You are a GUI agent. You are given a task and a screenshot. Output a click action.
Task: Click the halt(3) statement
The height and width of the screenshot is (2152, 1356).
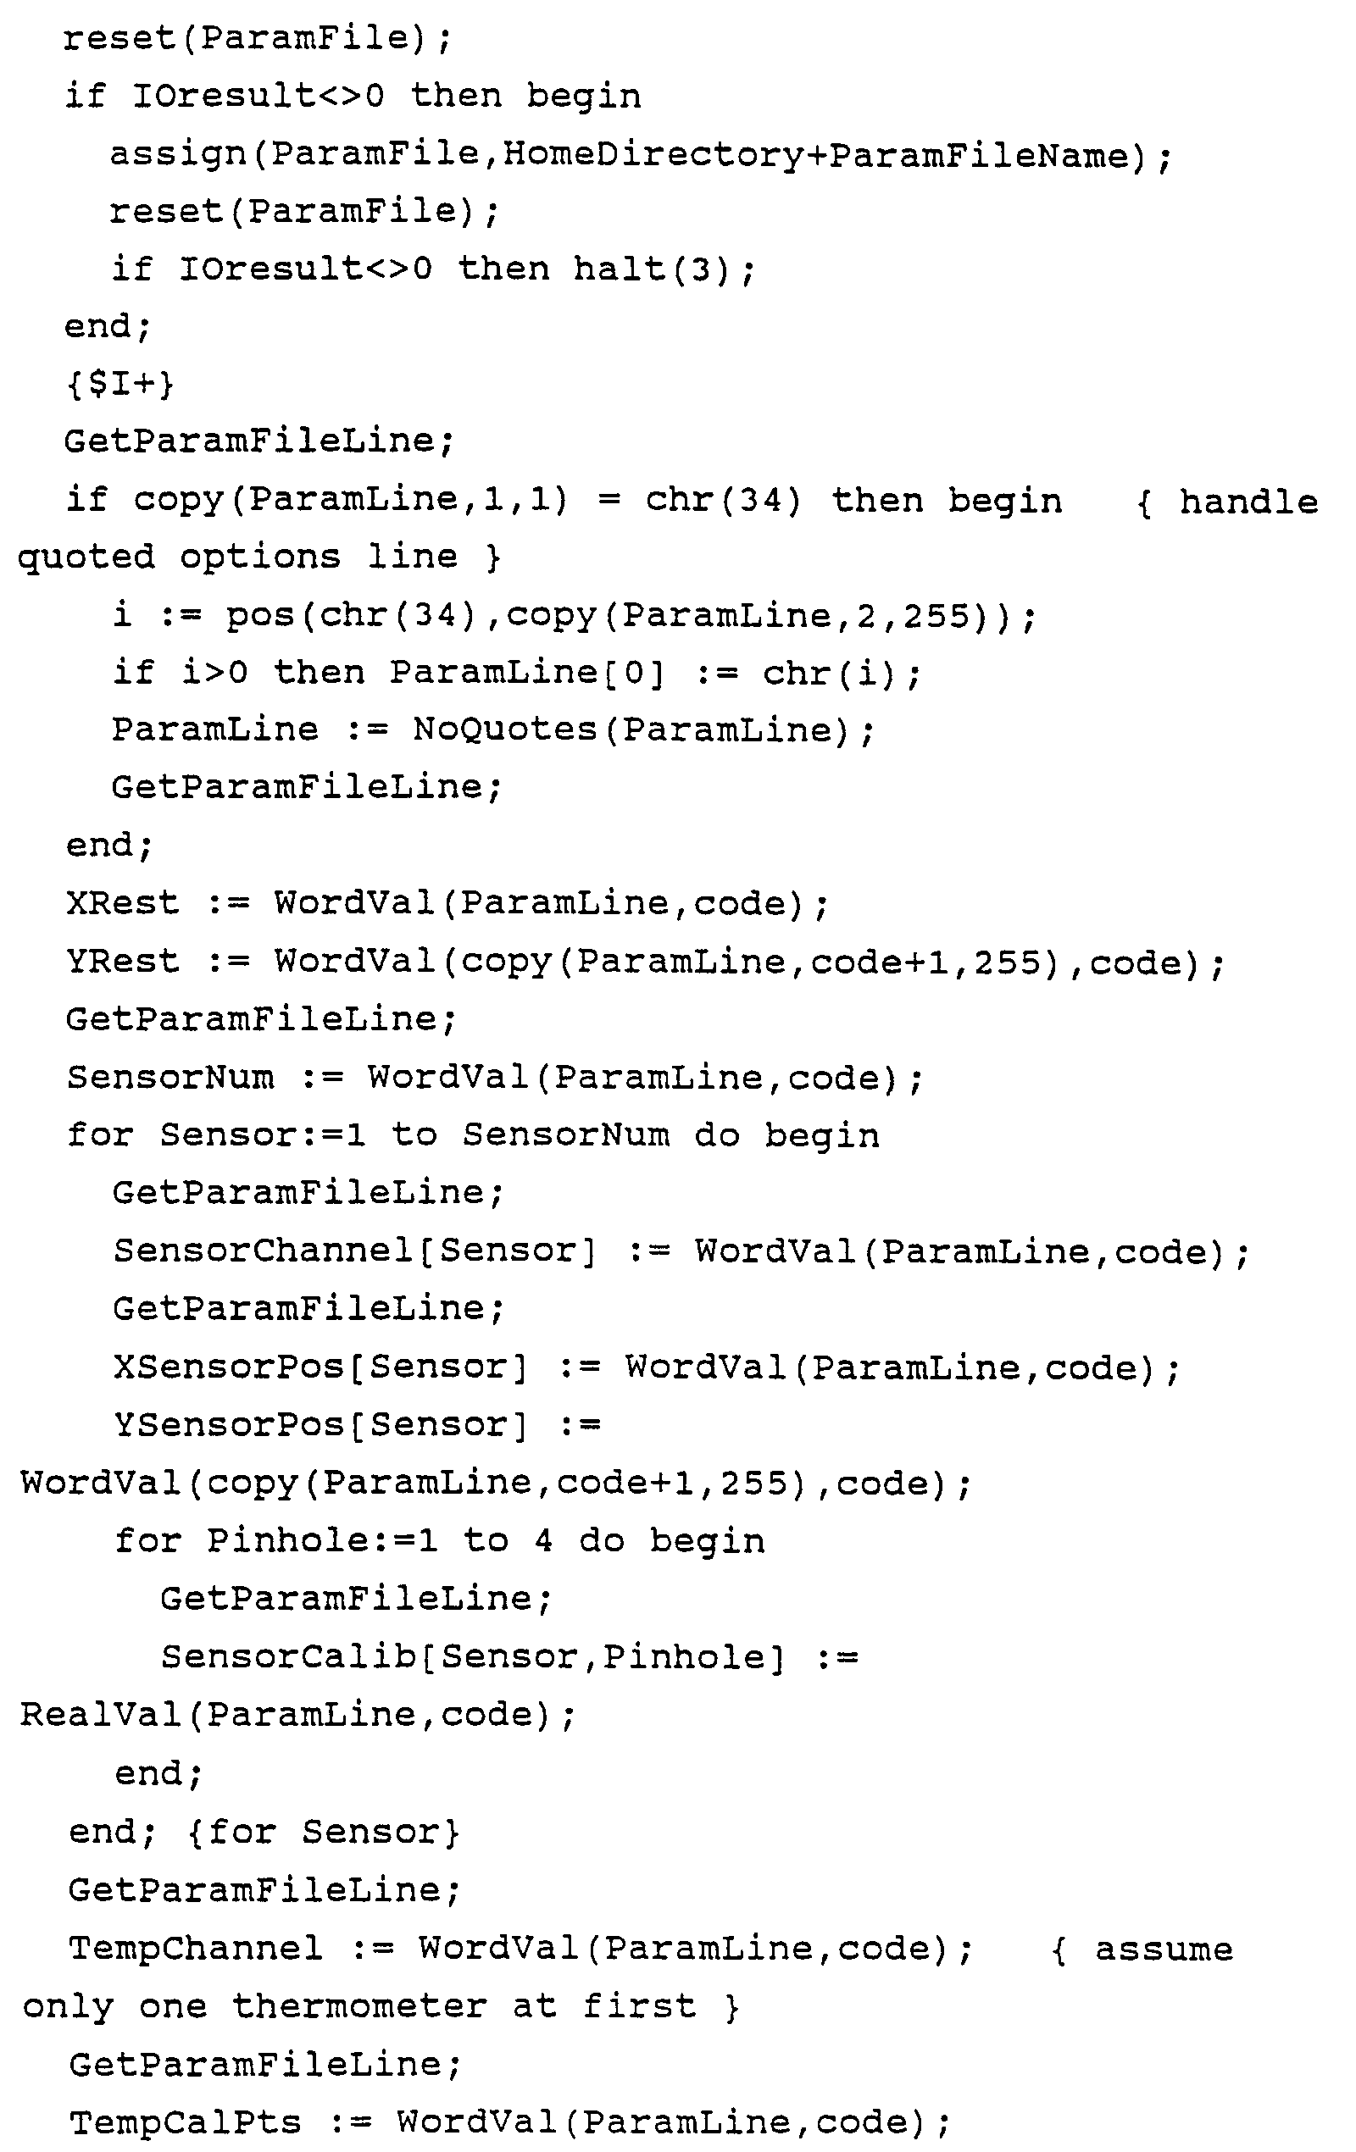click(664, 269)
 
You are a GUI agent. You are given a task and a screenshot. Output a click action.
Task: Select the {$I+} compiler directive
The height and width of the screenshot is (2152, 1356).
click(119, 385)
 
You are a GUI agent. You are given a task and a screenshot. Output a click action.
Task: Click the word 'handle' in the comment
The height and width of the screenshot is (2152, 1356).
click(1248, 502)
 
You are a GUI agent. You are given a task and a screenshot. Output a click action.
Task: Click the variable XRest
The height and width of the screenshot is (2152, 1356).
click(122, 902)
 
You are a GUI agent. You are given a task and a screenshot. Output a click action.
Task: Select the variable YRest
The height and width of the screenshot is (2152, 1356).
click(122, 961)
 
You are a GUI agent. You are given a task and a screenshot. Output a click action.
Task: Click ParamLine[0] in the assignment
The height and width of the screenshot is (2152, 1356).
click(526, 672)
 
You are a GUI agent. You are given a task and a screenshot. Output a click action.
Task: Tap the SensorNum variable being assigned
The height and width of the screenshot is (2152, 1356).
click(170, 1077)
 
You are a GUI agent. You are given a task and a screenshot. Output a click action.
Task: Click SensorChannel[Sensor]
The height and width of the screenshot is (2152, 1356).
click(354, 1251)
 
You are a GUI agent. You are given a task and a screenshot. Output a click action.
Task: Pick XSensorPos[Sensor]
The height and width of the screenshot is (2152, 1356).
click(320, 1367)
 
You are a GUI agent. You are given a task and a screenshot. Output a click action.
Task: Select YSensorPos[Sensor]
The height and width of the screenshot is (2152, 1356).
click(320, 1424)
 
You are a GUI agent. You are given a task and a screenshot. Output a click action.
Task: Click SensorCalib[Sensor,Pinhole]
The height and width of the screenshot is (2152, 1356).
click(473, 1657)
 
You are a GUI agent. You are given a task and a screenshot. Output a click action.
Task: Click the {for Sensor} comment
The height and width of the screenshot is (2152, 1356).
click(324, 1832)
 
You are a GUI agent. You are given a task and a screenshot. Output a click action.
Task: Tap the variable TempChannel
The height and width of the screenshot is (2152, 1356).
click(196, 1949)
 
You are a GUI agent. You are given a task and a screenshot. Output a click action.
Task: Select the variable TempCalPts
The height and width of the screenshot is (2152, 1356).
click(186, 2121)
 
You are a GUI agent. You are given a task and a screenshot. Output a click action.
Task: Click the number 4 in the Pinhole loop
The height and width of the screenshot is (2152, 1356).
click(542, 1541)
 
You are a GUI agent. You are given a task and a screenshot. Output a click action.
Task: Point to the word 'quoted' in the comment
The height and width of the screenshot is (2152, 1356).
click(86, 557)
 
